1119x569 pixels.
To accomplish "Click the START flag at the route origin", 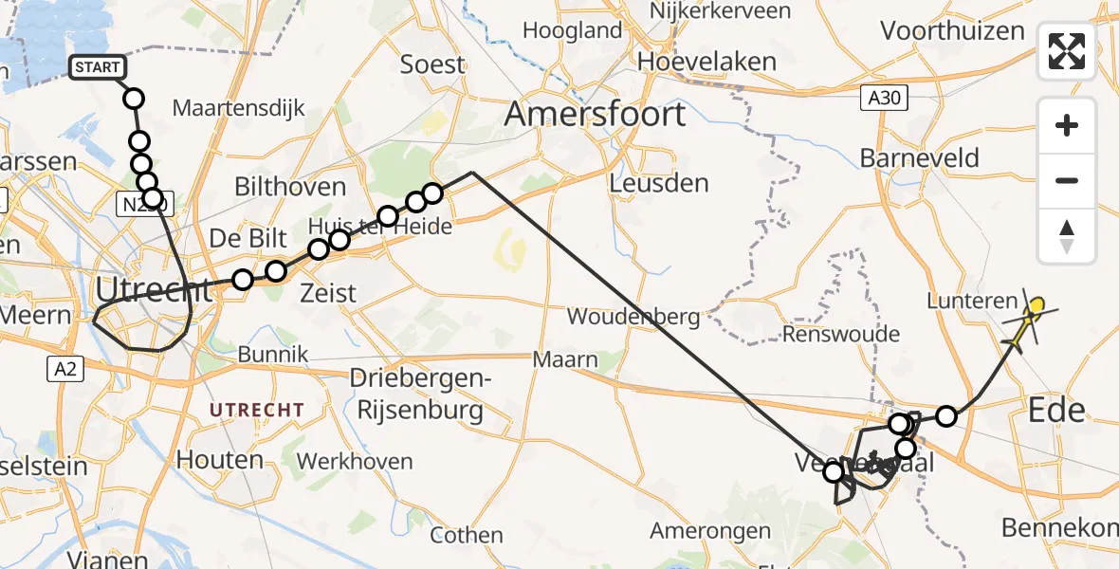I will coord(97,67).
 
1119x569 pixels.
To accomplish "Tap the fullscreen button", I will coord(1067,51).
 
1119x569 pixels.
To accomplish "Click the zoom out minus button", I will coord(1067,180).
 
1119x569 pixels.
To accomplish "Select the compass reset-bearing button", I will coord(1067,236).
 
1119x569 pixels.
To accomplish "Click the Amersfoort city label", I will coord(595,115).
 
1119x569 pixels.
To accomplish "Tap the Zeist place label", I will coord(329,292).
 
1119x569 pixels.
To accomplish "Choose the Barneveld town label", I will coord(919,157).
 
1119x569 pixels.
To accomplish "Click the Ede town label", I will coord(1056,411).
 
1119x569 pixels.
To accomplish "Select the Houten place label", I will coord(220,460).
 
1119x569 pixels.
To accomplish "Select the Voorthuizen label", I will coord(952,30).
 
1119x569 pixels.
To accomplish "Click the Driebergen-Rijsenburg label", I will coord(416,394).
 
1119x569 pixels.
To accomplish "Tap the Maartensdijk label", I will coord(239,108).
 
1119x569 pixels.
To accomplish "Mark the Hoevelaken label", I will coord(706,62).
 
